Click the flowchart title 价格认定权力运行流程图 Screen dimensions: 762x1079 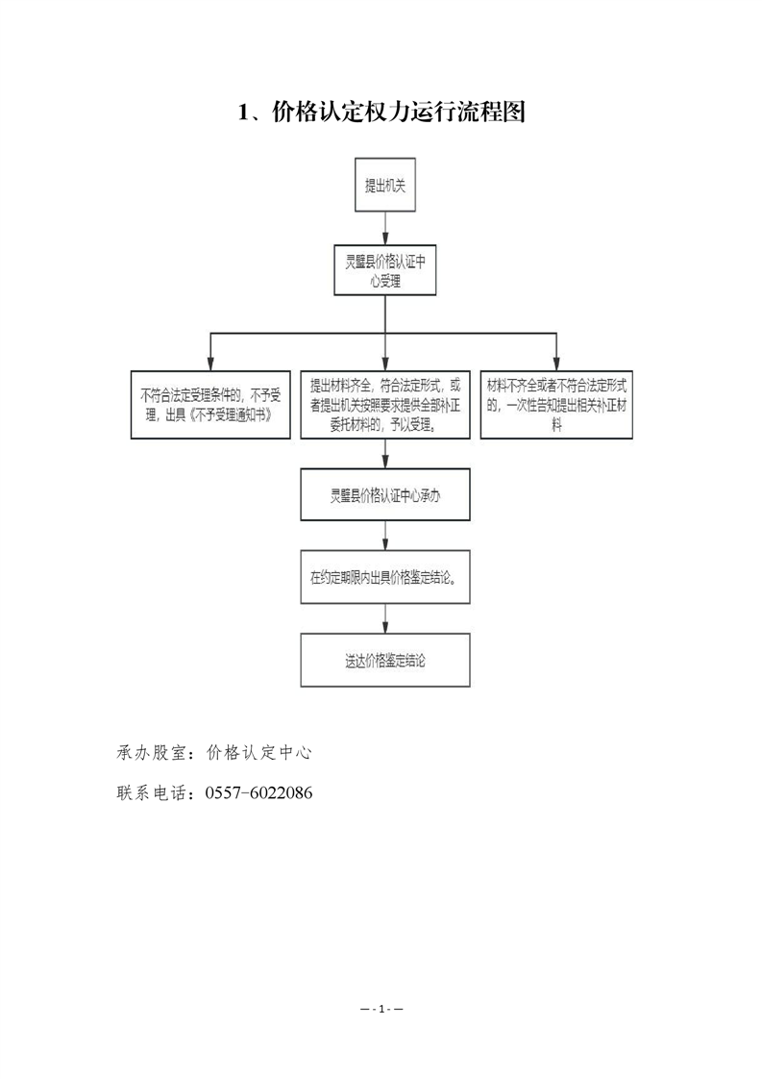click(x=399, y=111)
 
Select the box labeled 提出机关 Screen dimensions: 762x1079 click(x=385, y=185)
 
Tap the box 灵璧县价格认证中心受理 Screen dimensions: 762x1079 click(x=385, y=270)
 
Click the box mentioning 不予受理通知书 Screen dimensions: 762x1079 click(x=210, y=405)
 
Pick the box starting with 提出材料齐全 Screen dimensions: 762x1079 click(x=385, y=405)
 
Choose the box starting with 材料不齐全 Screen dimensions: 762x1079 click(x=556, y=405)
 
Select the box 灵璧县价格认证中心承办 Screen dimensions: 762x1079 click(x=385, y=494)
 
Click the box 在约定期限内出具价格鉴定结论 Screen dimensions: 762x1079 click(x=385, y=577)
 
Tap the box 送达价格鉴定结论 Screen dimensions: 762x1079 click(x=385, y=661)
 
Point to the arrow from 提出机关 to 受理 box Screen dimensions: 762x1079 click(x=385, y=229)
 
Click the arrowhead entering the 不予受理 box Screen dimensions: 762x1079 click(x=210, y=364)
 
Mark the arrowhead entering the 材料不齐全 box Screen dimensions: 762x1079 click(x=556, y=364)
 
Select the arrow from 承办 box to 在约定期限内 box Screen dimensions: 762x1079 click(x=385, y=536)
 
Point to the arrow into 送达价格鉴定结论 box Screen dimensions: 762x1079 click(x=385, y=618)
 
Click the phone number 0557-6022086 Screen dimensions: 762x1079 click(x=258, y=792)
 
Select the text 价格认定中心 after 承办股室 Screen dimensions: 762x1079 click(x=259, y=753)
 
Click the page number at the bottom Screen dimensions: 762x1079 click(x=381, y=1010)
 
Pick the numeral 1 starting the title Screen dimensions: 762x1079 click(x=243, y=113)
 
